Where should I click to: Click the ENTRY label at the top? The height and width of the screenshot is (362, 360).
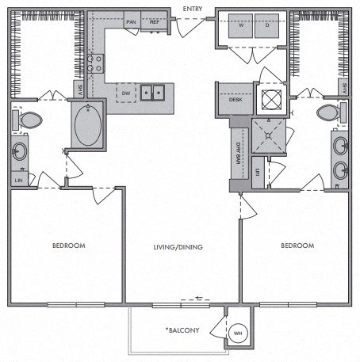click(x=193, y=9)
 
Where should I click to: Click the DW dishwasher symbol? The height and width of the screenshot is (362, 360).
click(x=125, y=93)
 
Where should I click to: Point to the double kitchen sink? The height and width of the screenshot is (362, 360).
click(x=154, y=93)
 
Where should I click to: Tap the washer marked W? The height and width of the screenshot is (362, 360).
click(x=240, y=25)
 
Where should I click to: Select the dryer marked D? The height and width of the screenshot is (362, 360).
click(x=266, y=25)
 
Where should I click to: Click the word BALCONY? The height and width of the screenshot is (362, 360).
click(x=183, y=329)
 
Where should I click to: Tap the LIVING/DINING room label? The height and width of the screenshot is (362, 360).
click(x=179, y=247)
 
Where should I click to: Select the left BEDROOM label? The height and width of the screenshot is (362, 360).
click(x=68, y=246)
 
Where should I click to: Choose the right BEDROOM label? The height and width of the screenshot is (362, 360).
click(x=297, y=246)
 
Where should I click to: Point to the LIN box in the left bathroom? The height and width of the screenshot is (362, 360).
click(x=18, y=180)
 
